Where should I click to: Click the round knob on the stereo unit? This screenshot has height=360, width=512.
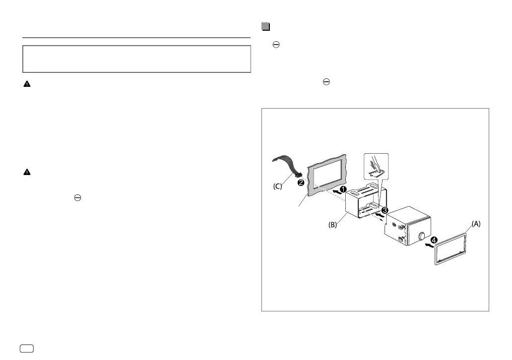[x=423, y=237]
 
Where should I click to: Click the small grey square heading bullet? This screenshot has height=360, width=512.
[x=265, y=26]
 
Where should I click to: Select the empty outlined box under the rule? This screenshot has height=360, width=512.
[x=136, y=59]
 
